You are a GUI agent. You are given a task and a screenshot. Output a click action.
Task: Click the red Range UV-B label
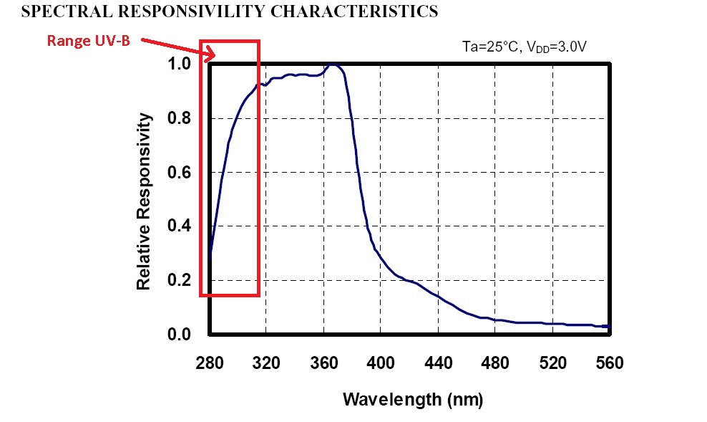point(88,40)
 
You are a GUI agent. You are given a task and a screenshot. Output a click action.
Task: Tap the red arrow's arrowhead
point(210,56)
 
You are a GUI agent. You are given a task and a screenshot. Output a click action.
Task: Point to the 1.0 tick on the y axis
point(180,64)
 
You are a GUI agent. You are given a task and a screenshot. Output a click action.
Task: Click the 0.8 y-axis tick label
point(180,118)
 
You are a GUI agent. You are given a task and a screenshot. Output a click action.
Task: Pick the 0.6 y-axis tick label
point(180,172)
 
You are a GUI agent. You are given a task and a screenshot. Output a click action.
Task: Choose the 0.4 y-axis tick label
point(180,226)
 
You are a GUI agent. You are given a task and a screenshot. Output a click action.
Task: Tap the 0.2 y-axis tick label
point(180,280)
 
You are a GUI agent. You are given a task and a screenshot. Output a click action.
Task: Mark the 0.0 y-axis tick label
point(180,335)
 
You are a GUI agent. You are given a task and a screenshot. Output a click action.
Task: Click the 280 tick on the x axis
point(209,363)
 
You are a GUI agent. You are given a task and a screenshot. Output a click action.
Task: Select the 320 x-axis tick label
point(266,363)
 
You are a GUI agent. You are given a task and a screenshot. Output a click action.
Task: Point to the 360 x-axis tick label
point(323,363)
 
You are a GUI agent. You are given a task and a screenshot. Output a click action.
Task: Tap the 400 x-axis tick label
point(381,363)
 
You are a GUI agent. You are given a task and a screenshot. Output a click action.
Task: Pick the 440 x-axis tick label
point(438,363)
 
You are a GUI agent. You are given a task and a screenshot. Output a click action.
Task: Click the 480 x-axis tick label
point(495,363)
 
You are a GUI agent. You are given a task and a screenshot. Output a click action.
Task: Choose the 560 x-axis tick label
point(609,363)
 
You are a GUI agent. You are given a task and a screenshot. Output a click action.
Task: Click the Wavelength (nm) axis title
point(413,399)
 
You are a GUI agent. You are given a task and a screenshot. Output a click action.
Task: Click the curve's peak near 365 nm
point(333,64)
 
